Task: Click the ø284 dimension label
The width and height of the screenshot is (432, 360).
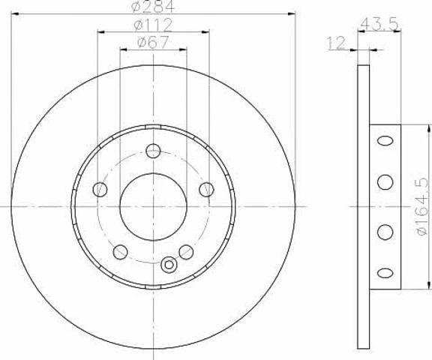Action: tap(153, 7)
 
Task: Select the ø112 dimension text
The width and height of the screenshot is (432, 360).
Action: tap(153, 25)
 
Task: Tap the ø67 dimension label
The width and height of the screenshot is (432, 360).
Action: tap(153, 43)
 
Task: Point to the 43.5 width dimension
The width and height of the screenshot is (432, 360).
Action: tap(379, 24)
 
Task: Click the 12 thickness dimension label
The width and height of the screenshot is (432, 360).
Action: tap(336, 43)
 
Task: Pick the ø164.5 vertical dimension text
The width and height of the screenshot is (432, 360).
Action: tap(423, 206)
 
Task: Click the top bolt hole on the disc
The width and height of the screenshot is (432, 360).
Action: tap(153, 151)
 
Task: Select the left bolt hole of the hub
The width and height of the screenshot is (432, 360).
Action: tap(100, 189)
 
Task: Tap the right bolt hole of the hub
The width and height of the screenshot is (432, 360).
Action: tap(206, 190)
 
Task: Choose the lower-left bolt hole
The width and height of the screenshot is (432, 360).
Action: tap(121, 252)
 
